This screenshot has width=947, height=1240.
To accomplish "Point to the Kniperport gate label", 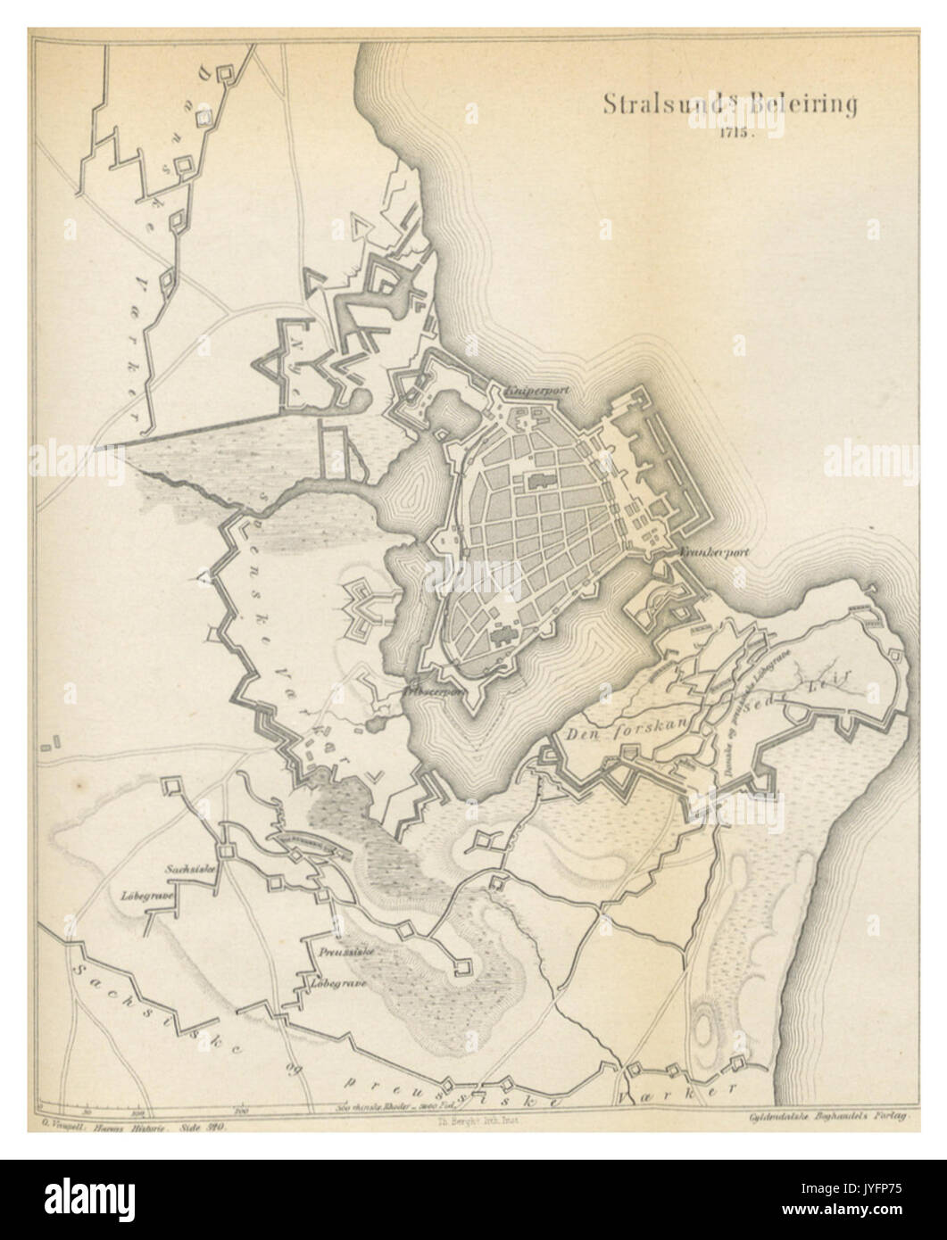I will (536, 390).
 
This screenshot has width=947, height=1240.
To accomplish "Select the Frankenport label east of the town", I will (712, 551).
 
